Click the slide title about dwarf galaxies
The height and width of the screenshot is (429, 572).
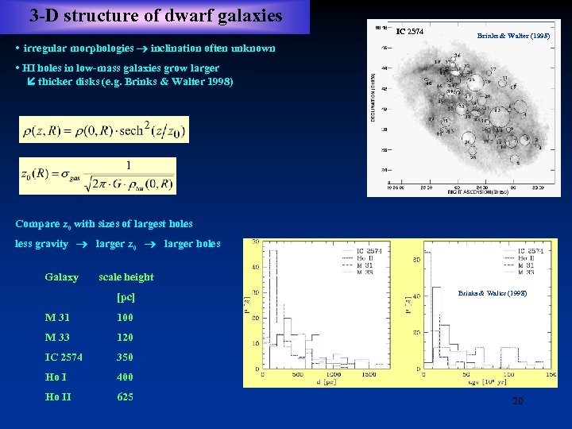pos(156,15)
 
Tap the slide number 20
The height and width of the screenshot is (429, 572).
pos(517,401)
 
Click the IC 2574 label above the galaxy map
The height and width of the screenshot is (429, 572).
pos(410,32)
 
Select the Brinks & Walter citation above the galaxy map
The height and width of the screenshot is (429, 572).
pos(512,36)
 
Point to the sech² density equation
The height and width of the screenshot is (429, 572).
pos(104,129)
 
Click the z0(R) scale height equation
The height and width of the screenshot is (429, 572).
pos(97,176)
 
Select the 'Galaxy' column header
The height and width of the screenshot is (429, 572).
pos(62,277)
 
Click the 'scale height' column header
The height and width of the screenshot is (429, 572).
pos(126,277)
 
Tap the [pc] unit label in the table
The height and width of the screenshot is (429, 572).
pos(126,297)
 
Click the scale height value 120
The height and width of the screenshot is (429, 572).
pos(125,338)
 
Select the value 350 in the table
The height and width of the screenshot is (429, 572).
pos(125,357)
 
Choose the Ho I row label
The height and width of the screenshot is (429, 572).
pos(56,377)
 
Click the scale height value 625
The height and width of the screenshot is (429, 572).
pos(125,397)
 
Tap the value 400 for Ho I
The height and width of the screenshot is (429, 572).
pos(125,377)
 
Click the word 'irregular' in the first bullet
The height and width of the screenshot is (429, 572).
pos(48,48)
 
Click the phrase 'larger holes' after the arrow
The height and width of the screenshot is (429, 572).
pos(192,244)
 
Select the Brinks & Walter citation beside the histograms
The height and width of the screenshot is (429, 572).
pos(492,293)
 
